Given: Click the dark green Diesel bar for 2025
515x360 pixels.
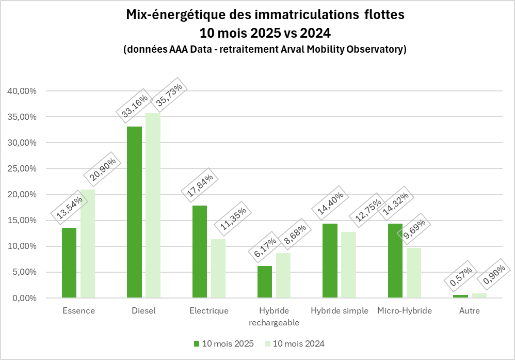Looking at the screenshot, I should pyautogui.click(x=134, y=212).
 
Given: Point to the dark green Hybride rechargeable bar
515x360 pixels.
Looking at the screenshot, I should pyautogui.click(x=265, y=282).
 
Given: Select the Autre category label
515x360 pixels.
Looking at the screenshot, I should pyautogui.click(x=470, y=311).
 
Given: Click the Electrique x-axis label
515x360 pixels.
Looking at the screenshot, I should pyautogui.click(x=209, y=311).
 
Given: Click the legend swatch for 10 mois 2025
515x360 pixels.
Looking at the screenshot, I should pyautogui.click(x=196, y=343).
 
